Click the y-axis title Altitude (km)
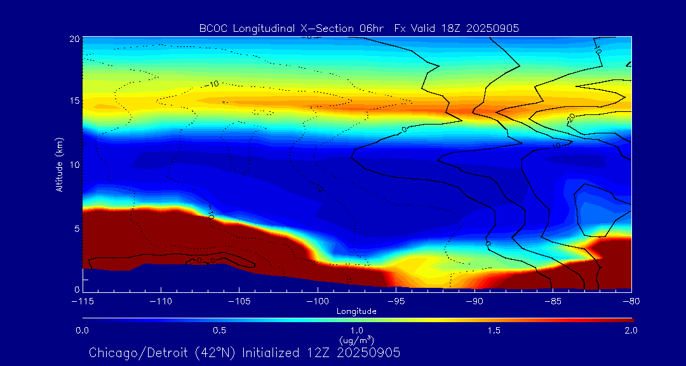[60, 164]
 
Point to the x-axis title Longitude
[356, 311]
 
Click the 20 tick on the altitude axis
[75, 39]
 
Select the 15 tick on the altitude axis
[75, 102]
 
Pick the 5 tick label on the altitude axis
[77, 227]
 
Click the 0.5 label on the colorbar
[219, 330]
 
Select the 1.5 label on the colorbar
[494, 330]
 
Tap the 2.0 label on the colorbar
[630, 330]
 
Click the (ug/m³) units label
[356, 340]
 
